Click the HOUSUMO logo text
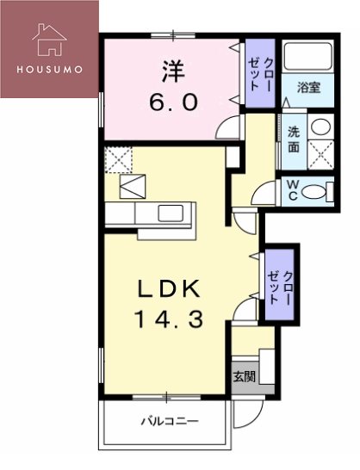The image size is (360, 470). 47,69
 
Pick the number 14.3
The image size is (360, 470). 168,319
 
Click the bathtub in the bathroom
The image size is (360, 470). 308,58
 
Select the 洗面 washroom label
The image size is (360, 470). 295,140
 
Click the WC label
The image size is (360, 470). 293,189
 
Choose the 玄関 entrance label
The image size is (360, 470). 245,375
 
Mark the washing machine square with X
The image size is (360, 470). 320,157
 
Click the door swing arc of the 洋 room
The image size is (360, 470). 227,129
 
